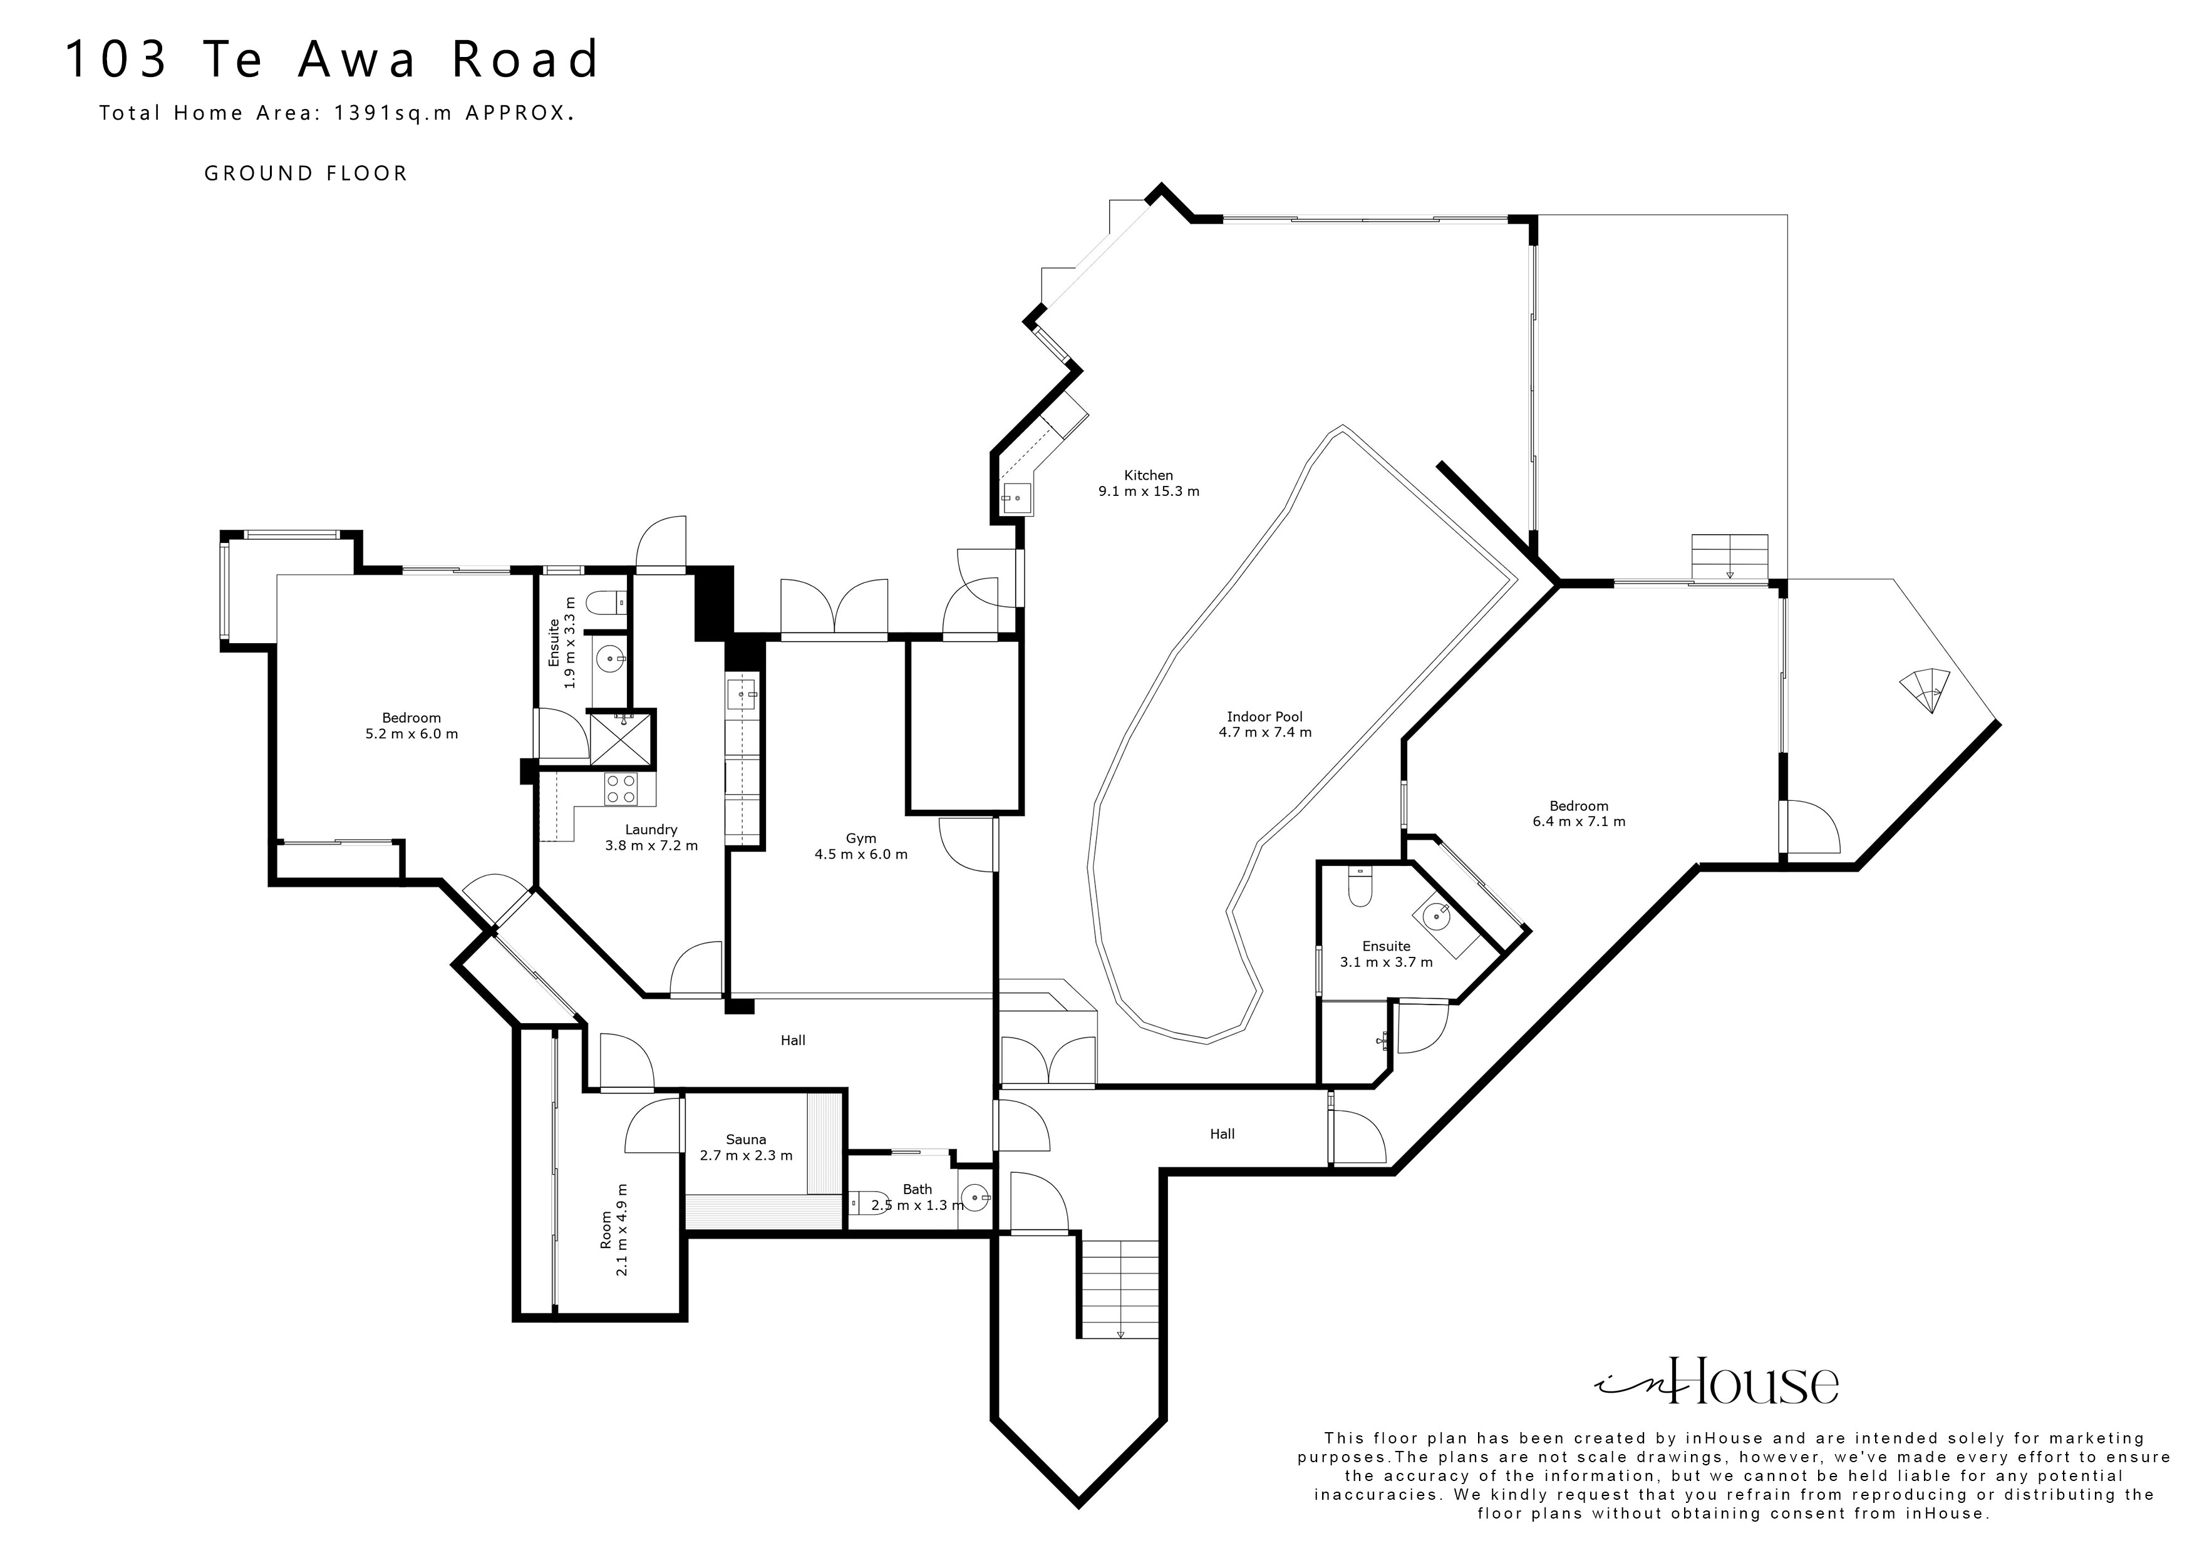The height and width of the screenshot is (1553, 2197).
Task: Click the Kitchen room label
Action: pyautogui.click(x=1147, y=475)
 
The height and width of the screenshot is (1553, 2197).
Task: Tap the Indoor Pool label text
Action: pyautogui.click(x=1264, y=716)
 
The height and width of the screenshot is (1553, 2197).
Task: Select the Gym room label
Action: pyautogui.click(x=861, y=838)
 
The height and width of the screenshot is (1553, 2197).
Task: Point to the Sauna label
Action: pyautogui.click(x=745, y=1138)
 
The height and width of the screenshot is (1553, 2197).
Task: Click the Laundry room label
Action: pyautogui.click(x=651, y=830)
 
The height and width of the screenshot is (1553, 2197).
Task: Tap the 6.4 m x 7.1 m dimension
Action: pyautogui.click(x=1579, y=821)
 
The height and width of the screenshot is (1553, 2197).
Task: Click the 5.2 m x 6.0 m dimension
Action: pyautogui.click(x=411, y=734)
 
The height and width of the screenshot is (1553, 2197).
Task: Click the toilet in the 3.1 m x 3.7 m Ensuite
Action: pyautogui.click(x=1359, y=886)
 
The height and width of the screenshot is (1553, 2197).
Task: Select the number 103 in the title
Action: pyautogui.click(x=116, y=59)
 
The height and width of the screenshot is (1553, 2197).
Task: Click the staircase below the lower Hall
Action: pyautogui.click(x=1120, y=1287)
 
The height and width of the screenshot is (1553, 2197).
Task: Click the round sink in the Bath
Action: pyautogui.click(x=974, y=1196)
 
